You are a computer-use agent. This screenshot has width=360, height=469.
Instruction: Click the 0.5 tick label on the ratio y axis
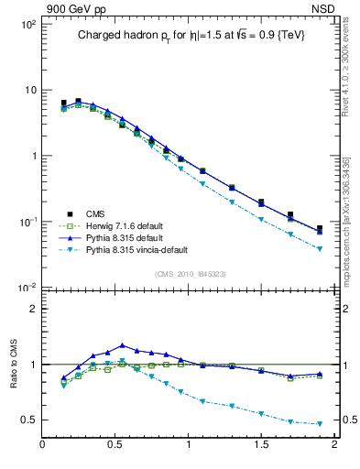pyautogui.click(x=27, y=420)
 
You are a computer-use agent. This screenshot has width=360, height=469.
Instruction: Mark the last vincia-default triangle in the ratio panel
pyautogui.click(x=320, y=424)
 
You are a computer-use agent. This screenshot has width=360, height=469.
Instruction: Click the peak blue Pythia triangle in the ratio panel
pyautogui.click(x=123, y=345)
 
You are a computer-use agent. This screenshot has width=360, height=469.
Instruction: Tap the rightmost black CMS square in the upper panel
pyautogui.click(x=320, y=229)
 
